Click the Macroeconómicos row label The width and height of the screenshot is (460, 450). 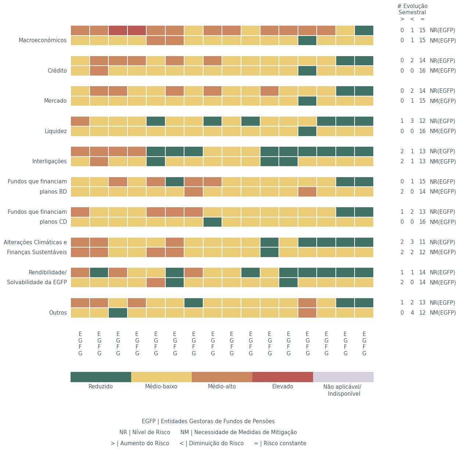[x=43, y=40]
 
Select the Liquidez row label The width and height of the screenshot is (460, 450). [x=55, y=131]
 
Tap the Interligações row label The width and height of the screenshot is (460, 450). [x=49, y=161]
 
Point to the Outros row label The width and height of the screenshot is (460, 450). [x=58, y=313]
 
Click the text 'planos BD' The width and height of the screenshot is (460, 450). [x=53, y=192]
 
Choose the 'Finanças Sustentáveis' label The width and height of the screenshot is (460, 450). [x=37, y=252]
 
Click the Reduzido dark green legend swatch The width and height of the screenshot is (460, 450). [x=101, y=377]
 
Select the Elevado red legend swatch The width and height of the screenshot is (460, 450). [x=283, y=377]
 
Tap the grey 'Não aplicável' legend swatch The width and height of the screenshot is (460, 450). [x=343, y=377]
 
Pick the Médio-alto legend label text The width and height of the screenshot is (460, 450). [x=222, y=387]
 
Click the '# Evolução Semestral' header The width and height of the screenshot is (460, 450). [x=412, y=9]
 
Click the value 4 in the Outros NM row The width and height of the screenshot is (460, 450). [x=412, y=313]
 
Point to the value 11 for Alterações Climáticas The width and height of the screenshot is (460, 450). [x=422, y=242]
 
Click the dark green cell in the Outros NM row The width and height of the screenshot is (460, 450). [x=118, y=313]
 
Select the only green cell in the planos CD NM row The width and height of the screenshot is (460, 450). [x=213, y=222]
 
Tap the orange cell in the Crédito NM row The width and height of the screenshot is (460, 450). [x=99, y=71]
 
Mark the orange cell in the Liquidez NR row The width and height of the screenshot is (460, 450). [x=80, y=121]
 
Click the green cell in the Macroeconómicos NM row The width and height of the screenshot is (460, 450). [x=308, y=40]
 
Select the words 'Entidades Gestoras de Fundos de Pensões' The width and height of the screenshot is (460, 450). [x=218, y=421]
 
